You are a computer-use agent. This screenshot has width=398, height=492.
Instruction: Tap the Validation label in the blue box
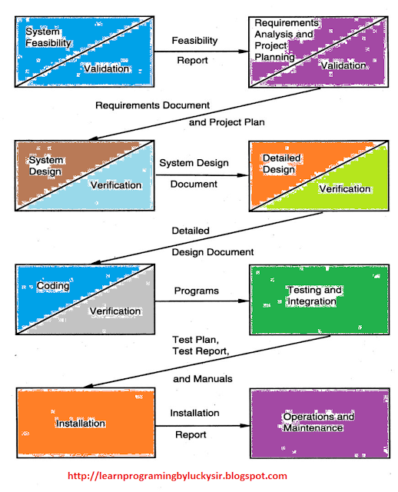click(x=107, y=69)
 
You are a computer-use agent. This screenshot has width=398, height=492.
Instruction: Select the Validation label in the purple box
click(x=343, y=66)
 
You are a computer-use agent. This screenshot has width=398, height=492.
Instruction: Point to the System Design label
click(x=45, y=165)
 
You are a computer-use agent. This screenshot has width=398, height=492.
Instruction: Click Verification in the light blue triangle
click(x=115, y=185)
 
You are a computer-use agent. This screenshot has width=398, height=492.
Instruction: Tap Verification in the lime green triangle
click(x=344, y=189)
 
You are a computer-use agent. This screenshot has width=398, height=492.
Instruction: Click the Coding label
click(x=54, y=286)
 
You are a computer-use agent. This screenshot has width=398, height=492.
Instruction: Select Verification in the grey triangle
click(x=115, y=311)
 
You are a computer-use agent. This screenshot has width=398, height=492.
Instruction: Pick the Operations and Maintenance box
click(x=318, y=422)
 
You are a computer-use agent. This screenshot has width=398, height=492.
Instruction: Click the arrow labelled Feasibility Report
click(x=200, y=51)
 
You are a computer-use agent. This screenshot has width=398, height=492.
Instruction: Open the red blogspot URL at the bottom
click(x=177, y=476)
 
